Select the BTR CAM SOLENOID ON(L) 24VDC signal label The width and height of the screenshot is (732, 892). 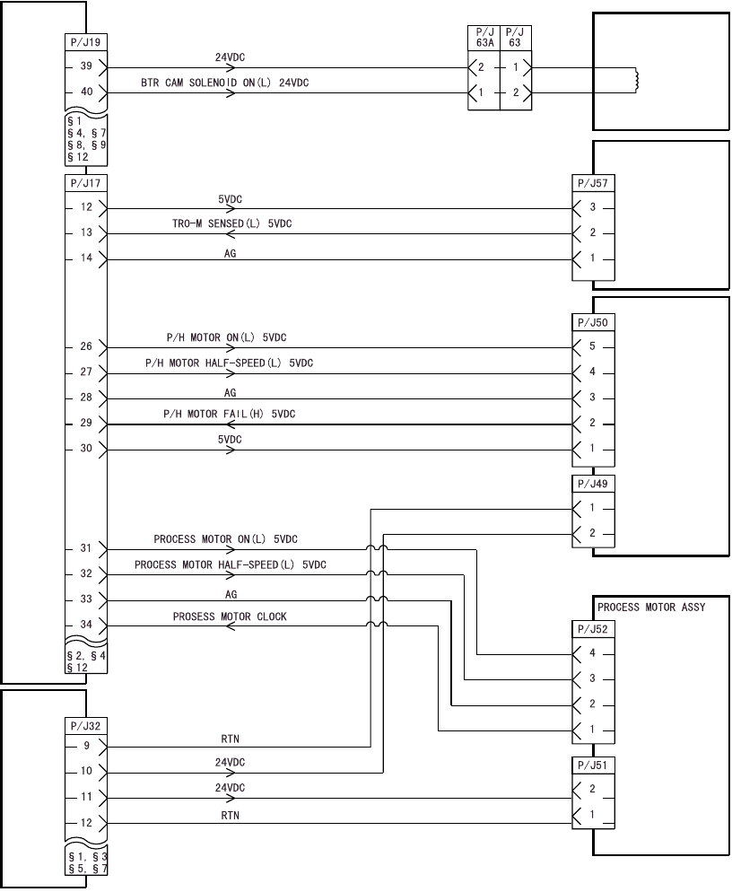point(224,83)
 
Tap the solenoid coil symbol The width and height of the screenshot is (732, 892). point(635,80)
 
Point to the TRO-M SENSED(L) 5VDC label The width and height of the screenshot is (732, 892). point(225,223)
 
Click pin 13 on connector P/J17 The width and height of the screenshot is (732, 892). point(86,233)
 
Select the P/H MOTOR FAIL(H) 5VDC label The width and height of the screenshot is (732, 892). point(229,414)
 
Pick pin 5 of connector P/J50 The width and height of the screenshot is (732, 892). point(591,347)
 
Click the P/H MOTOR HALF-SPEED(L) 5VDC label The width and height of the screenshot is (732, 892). point(229,363)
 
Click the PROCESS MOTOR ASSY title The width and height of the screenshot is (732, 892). point(651,608)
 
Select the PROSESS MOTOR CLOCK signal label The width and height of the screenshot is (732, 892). point(230,617)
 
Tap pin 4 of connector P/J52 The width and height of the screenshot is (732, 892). point(591,653)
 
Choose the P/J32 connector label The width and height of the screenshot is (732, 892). point(85,723)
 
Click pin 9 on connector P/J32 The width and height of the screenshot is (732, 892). point(86,745)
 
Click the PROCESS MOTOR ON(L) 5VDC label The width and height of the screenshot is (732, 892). point(225,539)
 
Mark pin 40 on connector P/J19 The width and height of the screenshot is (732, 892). point(86,92)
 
